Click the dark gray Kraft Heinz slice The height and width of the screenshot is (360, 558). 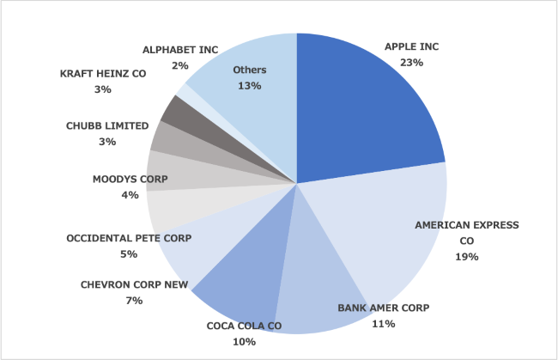pyautogui.click(x=176, y=109)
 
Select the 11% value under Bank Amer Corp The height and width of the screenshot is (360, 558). pyautogui.click(x=384, y=324)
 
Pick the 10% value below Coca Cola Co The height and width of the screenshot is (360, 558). pyautogui.click(x=245, y=342)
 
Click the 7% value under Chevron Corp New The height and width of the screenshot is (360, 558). pyautogui.click(x=133, y=300)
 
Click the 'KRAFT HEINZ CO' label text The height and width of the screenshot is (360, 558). pyautogui.click(x=103, y=74)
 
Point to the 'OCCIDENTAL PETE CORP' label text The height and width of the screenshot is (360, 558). pyautogui.click(x=129, y=238)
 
